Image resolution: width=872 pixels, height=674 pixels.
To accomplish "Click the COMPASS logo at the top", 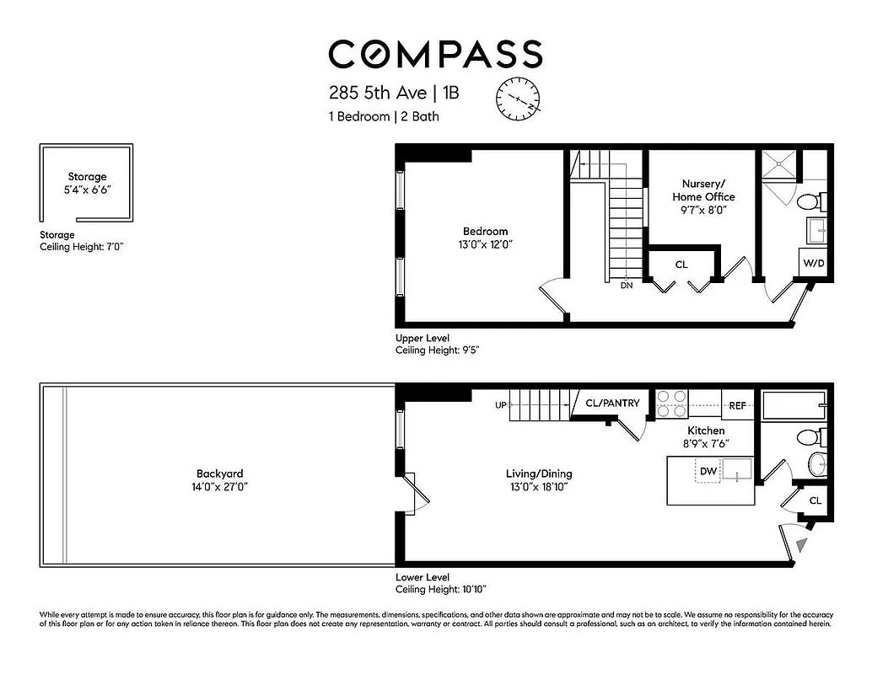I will click(x=435, y=54).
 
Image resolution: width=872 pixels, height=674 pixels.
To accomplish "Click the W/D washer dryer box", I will click(x=814, y=264).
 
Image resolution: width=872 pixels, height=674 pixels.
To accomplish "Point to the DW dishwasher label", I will click(x=708, y=472).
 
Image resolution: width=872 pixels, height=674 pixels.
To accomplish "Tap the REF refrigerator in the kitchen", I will click(x=737, y=406).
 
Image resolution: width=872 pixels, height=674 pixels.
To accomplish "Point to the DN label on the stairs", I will click(x=627, y=286).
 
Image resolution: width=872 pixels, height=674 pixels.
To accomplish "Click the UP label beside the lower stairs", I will click(x=501, y=405).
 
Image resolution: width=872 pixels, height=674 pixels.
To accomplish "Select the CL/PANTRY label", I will click(x=612, y=404).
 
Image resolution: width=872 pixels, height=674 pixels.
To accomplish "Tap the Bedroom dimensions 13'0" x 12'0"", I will click(x=485, y=244).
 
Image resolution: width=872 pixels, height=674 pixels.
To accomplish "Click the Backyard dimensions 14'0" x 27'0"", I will click(x=219, y=487).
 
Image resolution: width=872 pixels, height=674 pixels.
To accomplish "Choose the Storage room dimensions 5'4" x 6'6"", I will click(x=88, y=190).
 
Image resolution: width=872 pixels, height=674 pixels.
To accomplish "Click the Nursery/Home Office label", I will click(x=703, y=190).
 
